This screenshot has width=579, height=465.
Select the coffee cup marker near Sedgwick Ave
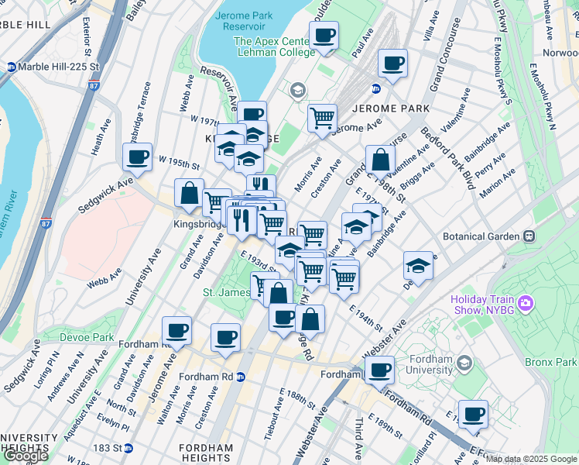(137, 157)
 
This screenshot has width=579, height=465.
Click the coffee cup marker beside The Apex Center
(324, 35)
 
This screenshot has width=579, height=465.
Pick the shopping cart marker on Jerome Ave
(322, 119)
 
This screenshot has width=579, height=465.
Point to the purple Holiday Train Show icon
(525, 302)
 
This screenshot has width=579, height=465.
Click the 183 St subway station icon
(128, 448)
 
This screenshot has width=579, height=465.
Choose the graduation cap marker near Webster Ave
(418, 265)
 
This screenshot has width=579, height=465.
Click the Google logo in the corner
(26, 456)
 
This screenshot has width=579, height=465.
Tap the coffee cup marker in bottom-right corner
(472, 414)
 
